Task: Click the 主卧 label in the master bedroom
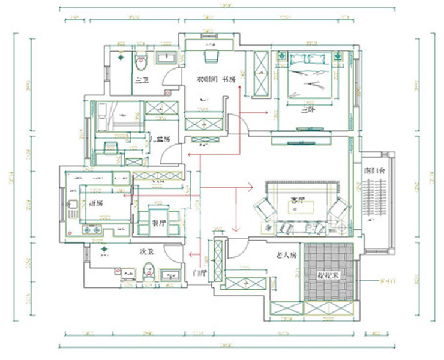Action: (x=308, y=110)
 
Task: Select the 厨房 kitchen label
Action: (x=96, y=203)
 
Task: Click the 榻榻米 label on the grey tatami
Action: (x=328, y=275)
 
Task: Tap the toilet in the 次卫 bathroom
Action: (x=150, y=273)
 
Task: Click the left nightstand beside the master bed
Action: (x=281, y=57)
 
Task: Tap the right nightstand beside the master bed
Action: (x=337, y=57)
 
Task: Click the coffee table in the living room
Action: (x=298, y=207)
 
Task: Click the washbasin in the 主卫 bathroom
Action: (x=166, y=58)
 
